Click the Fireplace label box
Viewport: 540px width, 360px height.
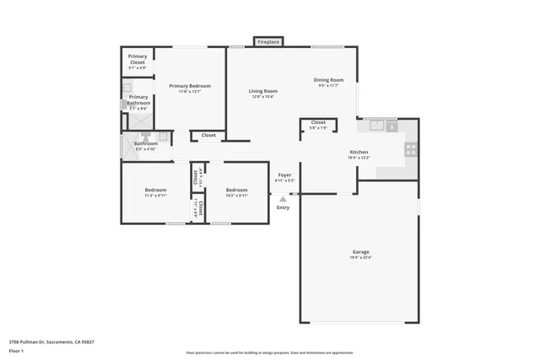click(x=269, y=41)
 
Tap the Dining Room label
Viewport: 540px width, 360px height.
click(x=328, y=80)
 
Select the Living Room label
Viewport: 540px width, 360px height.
click(x=262, y=91)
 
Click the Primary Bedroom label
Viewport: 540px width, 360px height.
click(x=189, y=86)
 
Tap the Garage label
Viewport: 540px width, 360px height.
click(x=361, y=251)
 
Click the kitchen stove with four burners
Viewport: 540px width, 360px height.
click(x=411, y=149)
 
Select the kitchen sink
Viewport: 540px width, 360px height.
click(x=377, y=126)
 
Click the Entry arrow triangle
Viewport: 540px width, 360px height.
click(x=283, y=200)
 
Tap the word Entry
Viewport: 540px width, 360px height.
click(x=283, y=207)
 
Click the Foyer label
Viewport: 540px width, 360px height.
click(x=285, y=175)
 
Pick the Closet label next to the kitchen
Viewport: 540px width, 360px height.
click(x=318, y=122)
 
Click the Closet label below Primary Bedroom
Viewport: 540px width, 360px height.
click(x=208, y=135)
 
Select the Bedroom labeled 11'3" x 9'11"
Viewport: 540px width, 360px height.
click(x=155, y=190)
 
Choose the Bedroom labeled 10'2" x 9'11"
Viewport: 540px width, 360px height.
click(x=236, y=190)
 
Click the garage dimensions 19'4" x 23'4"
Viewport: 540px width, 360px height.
click(x=361, y=258)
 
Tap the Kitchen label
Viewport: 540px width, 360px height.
click(x=359, y=153)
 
